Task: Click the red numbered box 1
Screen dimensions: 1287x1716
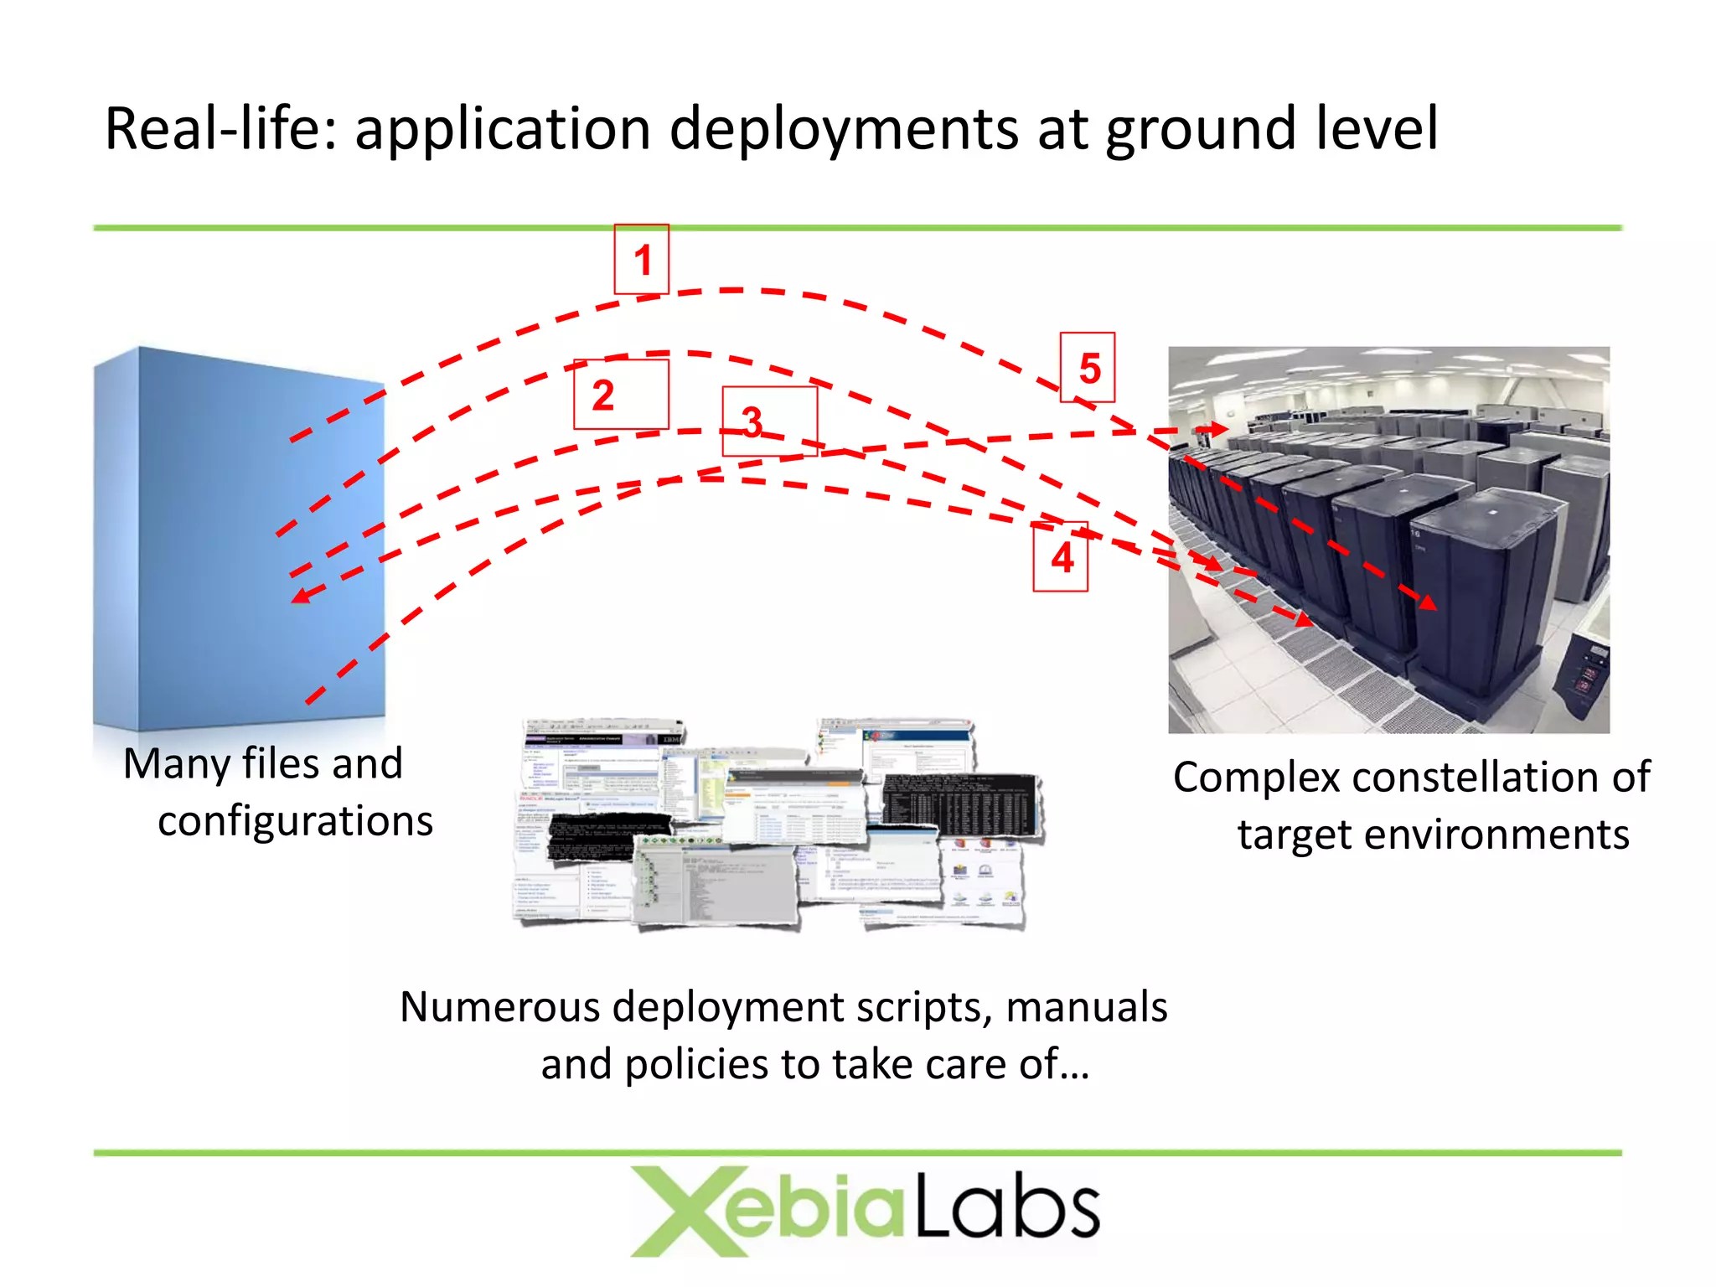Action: [x=642, y=259]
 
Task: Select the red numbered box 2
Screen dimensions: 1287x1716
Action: [x=621, y=395]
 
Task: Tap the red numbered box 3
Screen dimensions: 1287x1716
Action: [x=769, y=421]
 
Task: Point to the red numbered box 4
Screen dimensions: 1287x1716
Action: [x=1061, y=557]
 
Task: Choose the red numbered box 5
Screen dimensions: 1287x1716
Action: [x=1088, y=368]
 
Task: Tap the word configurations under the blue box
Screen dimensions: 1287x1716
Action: [x=296, y=821]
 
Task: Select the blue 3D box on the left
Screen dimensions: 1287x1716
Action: [x=239, y=536]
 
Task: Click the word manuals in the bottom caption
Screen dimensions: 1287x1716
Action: [x=1086, y=1007]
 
